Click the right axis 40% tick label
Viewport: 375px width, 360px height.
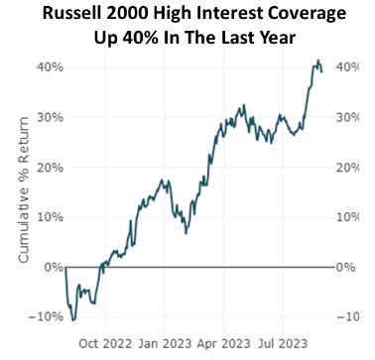[x=348, y=67]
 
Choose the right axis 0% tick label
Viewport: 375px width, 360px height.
[x=344, y=267]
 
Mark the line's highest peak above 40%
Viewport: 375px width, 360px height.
[x=316, y=60]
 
